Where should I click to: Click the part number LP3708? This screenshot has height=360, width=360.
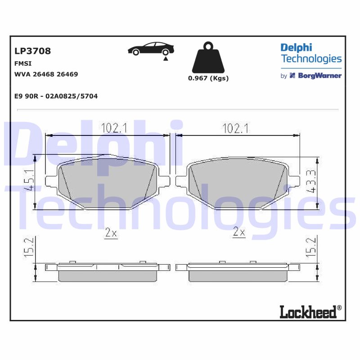[x=32, y=51]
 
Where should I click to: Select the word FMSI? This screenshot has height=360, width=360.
[x=23, y=63]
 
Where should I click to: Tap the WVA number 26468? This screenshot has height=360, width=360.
[x=44, y=74]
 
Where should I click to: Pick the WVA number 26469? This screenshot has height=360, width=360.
[x=67, y=74]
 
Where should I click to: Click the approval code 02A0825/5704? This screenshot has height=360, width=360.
[x=72, y=96]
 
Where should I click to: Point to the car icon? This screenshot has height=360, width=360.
[x=151, y=49]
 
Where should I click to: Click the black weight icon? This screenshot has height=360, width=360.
[x=208, y=58]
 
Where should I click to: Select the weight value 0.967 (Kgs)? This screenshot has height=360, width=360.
[x=208, y=78]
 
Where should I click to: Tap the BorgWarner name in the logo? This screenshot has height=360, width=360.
[x=319, y=76]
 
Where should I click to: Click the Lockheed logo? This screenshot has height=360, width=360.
[x=310, y=311]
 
